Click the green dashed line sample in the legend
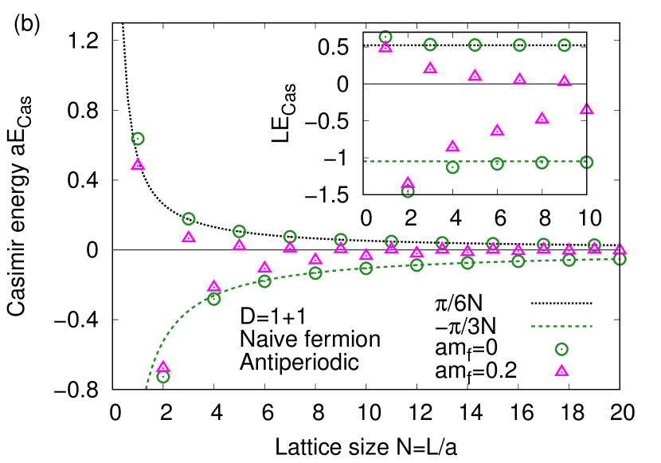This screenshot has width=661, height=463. pyautogui.click(x=561, y=326)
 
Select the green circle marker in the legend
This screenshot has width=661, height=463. pyautogui.click(x=561, y=349)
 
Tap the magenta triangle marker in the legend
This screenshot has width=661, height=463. pyautogui.click(x=561, y=370)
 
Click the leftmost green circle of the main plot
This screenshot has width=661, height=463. pyautogui.click(x=138, y=139)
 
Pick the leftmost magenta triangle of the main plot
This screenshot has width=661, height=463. pyautogui.click(x=138, y=164)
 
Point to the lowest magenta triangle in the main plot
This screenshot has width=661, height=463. pyautogui.click(x=163, y=367)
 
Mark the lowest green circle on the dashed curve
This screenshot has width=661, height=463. pyautogui.click(x=163, y=377)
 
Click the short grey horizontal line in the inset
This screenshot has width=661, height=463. pyautogui.click(x=475, y=84)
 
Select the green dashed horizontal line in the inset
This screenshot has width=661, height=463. pyautogui.click(x=475, y=161)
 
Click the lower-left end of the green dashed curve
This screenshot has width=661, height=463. pyautogui.click(x=147, y=388)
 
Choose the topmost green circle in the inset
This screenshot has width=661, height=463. pyautogui.click(x=385, y=37)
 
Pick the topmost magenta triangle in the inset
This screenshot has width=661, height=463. pyautogui.click(x=385, y=46)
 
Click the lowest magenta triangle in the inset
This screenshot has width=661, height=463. pyautogui.click(x=408, y=182)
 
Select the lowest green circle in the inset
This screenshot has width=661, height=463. pyautogui.click(x=408, y=191)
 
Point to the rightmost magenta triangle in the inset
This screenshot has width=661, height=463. pyautogui.click(x=587, y=108)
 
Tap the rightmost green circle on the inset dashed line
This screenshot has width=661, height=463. pyautogui.click(x=587, y=163)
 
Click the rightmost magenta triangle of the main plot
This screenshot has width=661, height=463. pyautogui.click(x=620, y=249)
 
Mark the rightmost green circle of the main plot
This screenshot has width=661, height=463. pyautogui.click(x=620, y=259)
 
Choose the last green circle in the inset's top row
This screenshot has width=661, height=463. pyautogui.click(x=565, y=45)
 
